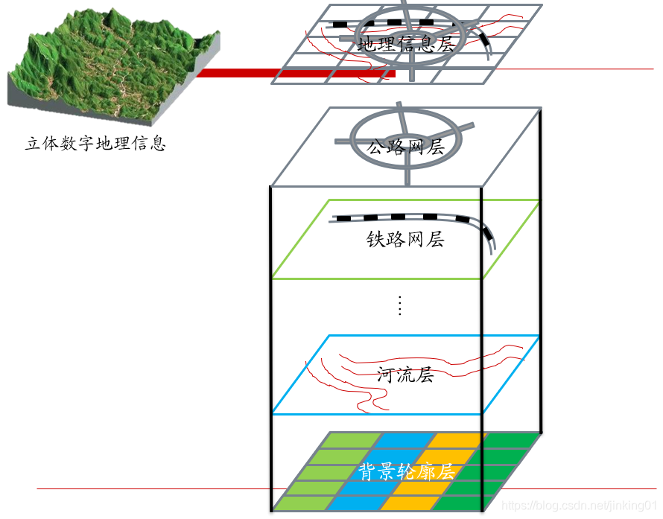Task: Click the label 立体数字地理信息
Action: (x=95, y=143)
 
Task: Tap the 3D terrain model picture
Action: (x=112, y=67)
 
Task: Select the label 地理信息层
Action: (x=406, y=44)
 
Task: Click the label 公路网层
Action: (x=406, y=147)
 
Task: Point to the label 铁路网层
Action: (x=405, y=239)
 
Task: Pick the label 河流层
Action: (x=405, y=375)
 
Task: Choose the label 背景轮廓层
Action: (x=407, y=472)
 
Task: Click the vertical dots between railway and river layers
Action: (x=400, y=305)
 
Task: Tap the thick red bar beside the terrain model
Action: (x=291, y=73)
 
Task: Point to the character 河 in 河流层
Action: (x=386, y=375)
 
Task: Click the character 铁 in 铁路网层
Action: (x=375, y=239)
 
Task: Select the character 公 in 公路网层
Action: (x=376, y=147)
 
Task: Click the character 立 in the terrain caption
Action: (x=34, y=143)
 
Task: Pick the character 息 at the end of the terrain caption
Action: (x=157, y=143)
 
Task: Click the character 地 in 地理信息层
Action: (x=367, y=44)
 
